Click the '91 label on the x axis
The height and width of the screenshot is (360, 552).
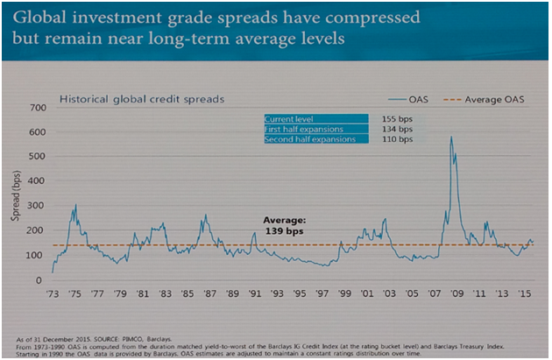tap(252, 294)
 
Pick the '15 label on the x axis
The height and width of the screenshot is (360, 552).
tap(523, 294)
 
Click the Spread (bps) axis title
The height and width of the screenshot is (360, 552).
tap(16, 198)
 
